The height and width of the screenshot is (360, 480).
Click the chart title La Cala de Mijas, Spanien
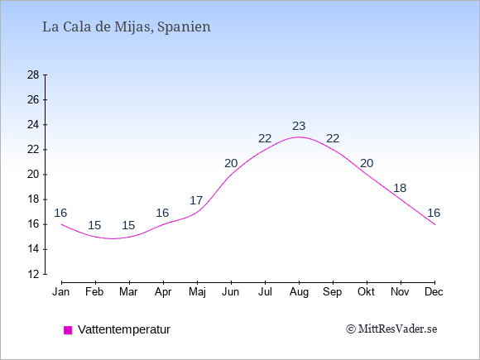click(127, 27)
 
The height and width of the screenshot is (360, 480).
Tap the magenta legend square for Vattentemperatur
click(68, 330)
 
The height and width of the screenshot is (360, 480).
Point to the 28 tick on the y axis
click(33, 74)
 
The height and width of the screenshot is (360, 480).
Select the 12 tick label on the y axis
click(33, 274)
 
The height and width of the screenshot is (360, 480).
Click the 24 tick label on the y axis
click(33, 125)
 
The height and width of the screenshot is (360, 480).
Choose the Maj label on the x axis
click(197, 292)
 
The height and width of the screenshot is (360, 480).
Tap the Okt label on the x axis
click(366, 292)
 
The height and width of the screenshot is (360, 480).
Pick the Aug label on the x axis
click(299, 292)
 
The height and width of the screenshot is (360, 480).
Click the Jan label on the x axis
click(61, 292)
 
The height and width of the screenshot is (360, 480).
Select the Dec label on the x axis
click(434, 292)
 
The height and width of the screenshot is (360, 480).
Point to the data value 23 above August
click(299, 126)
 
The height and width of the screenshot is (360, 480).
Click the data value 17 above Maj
click(196, 200)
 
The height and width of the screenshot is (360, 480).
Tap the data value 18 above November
click(400, 188)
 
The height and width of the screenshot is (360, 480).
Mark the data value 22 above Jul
click(265, 138)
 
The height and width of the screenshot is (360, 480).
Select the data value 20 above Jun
click(231, 164)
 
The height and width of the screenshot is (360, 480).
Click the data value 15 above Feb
click(94, 225)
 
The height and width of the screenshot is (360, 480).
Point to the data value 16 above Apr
click(162, 213)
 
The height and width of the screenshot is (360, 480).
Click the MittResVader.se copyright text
click(391, 329)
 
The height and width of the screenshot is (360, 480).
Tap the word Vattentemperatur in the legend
click(124, 329)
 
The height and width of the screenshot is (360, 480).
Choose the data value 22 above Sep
click(333, 138)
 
